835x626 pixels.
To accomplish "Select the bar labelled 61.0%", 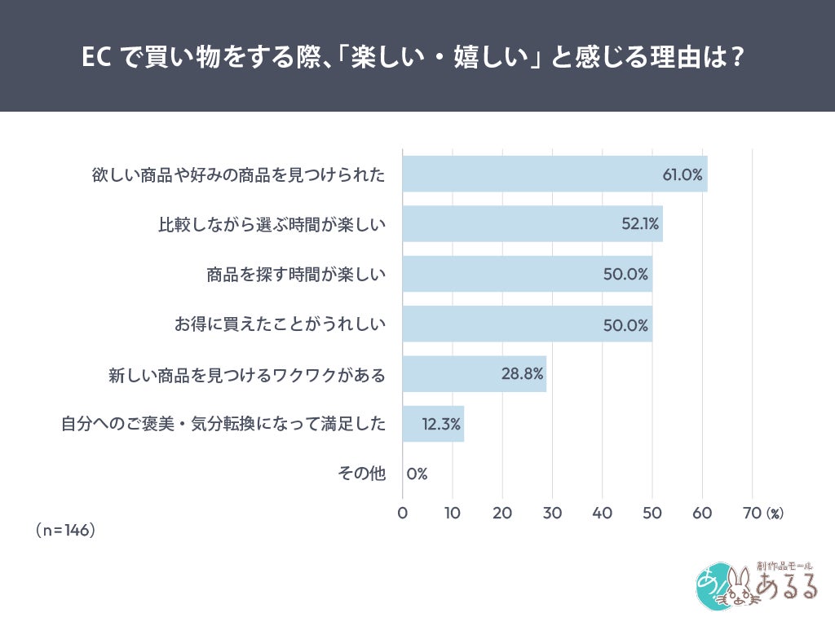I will [x=554, y=174].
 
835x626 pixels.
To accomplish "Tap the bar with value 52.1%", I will [x=532, y=223].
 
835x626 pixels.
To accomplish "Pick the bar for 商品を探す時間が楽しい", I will [x=527, y=274].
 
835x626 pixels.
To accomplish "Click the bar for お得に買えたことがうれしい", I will [x=527, y=324].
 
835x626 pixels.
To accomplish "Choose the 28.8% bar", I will [x=474, y=374].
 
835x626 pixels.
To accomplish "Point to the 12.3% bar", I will [x=433, y=424].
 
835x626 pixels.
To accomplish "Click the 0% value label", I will [x=417, y=474].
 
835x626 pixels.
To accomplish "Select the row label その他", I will [x=361, y=474].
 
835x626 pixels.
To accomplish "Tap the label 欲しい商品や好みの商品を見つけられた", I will [x=237, y=174].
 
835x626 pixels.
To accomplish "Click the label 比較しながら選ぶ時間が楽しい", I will [x=271, y=224].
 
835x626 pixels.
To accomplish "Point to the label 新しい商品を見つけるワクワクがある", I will [x=246, y=375].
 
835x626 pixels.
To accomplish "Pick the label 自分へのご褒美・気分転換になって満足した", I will [x=223, y=425].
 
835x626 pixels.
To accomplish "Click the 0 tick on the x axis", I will [x=403, y=513].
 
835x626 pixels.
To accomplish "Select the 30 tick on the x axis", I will [x=552, y=513].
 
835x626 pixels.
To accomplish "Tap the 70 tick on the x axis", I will [x=752, y=513].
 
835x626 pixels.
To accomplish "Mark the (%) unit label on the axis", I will [x=774, y=514].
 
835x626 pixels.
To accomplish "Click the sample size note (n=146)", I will [x=66, y=530].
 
